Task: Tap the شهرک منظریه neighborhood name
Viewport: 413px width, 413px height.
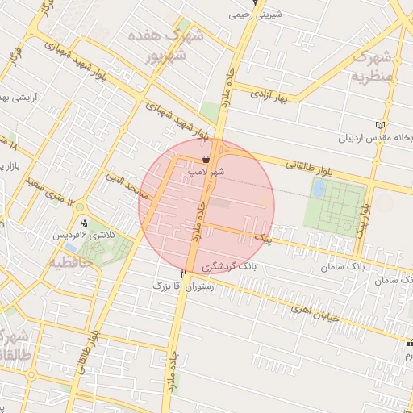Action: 372,67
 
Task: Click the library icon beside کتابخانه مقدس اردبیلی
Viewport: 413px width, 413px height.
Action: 381,125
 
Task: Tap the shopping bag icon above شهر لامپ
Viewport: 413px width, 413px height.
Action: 207,159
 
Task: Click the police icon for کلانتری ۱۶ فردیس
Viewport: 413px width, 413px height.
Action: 84,222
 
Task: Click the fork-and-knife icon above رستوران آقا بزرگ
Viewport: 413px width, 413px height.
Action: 184,274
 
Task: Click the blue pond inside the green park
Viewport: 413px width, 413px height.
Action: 319,188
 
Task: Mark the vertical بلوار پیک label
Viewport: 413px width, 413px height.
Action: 364,218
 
